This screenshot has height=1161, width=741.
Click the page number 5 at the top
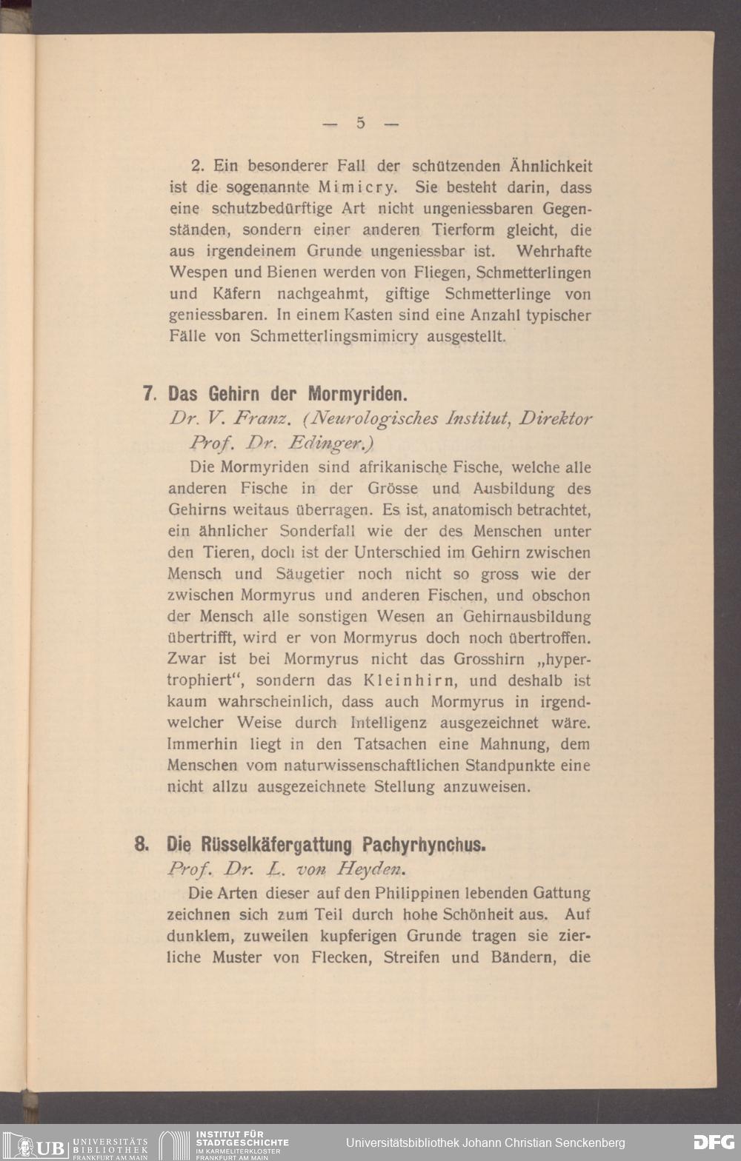[361, 123]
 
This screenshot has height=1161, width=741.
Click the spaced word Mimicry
[350, 187]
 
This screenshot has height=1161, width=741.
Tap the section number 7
[148, 393]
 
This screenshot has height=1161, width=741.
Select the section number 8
[142, 844]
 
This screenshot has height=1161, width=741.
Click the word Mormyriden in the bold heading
[358, 393]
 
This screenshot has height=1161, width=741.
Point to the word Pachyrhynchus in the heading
[424, 845]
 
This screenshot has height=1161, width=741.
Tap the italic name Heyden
[371, 869]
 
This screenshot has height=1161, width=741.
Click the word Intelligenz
[388, 723]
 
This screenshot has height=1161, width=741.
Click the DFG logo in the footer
[713, 1142]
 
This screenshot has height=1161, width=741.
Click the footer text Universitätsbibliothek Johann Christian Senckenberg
[485, 1142]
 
